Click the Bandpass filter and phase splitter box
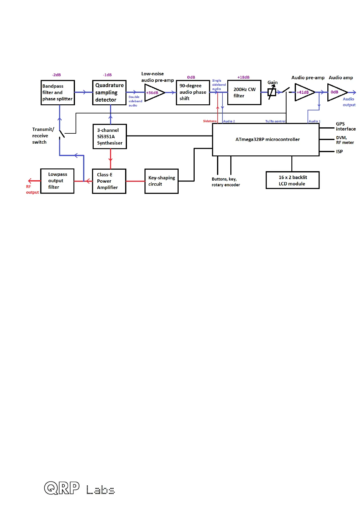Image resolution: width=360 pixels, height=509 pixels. click(58, 93)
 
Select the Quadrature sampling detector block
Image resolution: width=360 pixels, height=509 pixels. click(109, 93)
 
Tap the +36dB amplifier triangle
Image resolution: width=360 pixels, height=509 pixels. click(154, 93)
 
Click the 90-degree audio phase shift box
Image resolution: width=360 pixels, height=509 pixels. click(193, 92)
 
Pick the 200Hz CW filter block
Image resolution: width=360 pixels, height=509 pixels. click(244, 92)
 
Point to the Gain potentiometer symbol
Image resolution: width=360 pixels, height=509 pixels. click(272, 92)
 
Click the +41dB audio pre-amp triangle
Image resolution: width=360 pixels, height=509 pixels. click(303, 92)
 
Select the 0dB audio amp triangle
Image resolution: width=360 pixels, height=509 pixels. click(336, 92)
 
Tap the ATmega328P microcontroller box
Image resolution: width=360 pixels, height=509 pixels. click(266, 139)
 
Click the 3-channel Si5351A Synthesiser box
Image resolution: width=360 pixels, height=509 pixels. click(110, 137)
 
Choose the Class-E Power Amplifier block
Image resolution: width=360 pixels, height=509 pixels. click(109, 181)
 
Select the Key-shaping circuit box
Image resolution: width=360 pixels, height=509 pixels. click(161, 181)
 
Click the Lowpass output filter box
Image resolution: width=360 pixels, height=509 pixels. click(57, 181)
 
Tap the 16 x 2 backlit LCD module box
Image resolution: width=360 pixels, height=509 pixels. click(292, 181)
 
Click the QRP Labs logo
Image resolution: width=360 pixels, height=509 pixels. click(79, 488)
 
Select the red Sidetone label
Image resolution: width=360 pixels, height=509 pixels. click(210, 121)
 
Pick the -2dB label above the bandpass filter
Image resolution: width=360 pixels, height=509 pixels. click(56, 75)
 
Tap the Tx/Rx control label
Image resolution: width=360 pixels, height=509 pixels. click(275, 121)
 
